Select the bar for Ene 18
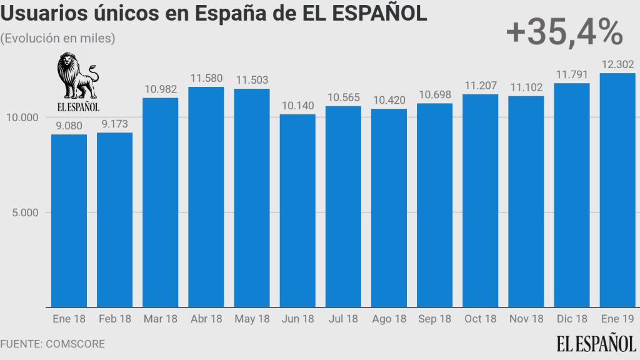coord(69,221)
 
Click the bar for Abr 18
coord(206,197)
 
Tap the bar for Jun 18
coord(297,211)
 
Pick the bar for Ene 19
coord(617,190)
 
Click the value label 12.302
coord(617,64)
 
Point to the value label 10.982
coord(161,89)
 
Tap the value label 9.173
coord(115,123)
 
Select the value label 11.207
coord(481,85)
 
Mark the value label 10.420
coord(389,99)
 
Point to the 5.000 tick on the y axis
coord(24,212)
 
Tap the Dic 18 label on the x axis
coord(572,319)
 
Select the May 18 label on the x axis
coord(252,319)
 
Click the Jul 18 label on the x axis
coord(343,319)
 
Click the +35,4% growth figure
coord(564,32)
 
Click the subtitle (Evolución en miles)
coord(57,38)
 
